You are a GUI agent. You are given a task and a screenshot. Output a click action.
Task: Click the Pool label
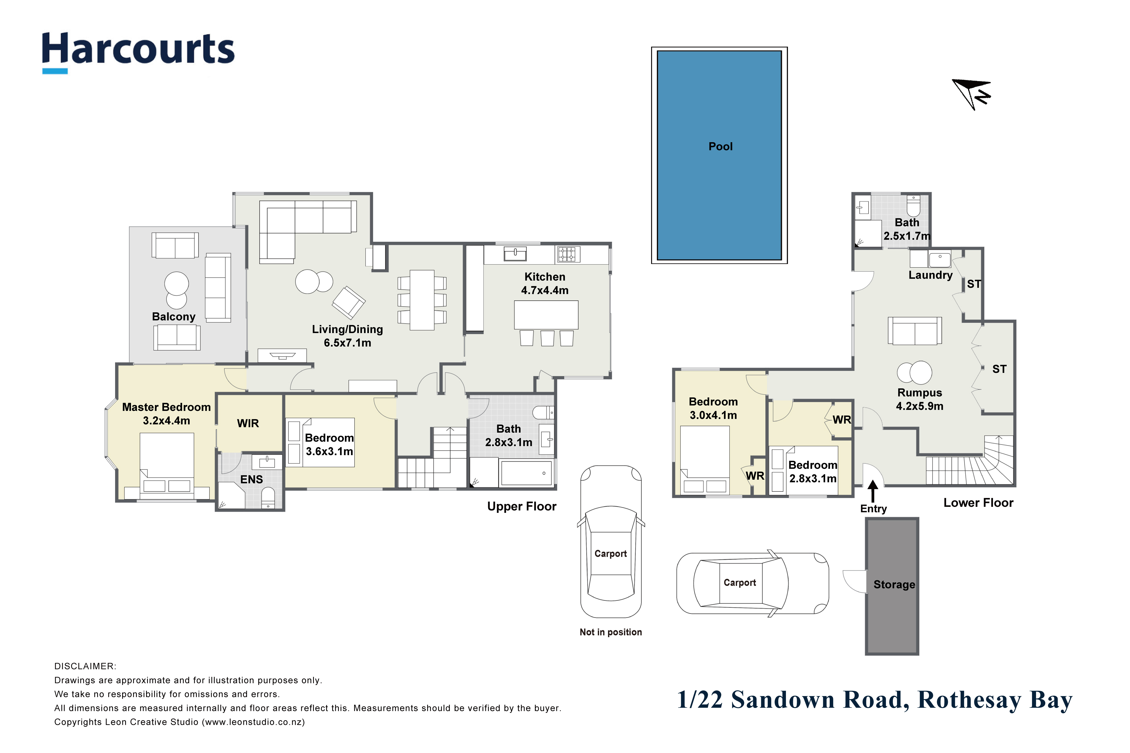click(x=721, y=146)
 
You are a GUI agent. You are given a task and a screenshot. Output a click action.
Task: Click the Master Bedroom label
click(x=166, y=407)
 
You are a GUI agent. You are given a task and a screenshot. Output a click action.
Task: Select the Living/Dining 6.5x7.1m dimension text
click(x=347, y=343)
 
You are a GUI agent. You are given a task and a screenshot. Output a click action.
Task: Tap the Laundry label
click(x=931, y=275)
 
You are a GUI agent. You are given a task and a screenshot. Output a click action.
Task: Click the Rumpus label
click(x=920, y=393)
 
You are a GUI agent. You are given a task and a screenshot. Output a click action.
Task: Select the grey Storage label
click(x=894, y=584)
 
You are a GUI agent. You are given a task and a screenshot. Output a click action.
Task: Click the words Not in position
click(x=611, y=632)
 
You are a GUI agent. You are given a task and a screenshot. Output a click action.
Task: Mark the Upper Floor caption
click(x=522, y=507)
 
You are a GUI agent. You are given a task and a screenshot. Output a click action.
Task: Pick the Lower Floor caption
click(x=978, y=503)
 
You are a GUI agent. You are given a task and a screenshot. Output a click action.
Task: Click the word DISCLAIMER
click(x=85, y=667)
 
